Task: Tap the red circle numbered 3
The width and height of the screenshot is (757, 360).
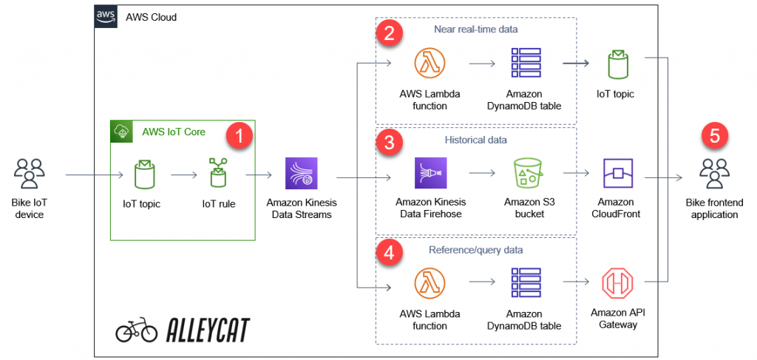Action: (x=390, y=143)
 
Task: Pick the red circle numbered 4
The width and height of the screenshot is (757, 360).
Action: (x=390, y=252)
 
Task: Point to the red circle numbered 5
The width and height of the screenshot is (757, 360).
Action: (x=714, y=135)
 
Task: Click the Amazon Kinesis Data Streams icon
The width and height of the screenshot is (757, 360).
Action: (x=301, y=174)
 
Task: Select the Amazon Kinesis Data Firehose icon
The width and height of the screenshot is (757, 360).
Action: (x=430, y=174)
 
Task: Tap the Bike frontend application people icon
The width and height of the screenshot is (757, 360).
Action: (x=714, y=174)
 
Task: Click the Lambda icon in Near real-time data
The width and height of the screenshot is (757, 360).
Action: (x=430, y=64)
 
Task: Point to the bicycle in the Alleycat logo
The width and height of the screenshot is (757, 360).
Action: (x=136, y=330)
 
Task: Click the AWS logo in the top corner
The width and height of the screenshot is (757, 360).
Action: (x=106, y=16)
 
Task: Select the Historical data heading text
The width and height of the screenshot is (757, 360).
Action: (x=475, y=139)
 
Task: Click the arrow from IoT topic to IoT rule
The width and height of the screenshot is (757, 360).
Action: (x=182, y=175)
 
